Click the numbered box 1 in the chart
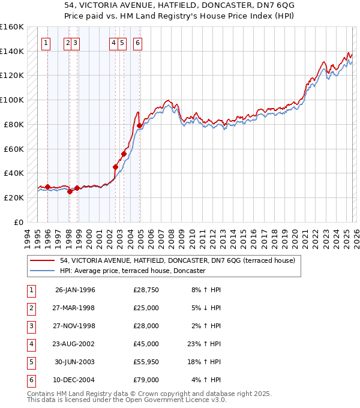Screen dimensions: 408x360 [46, 43]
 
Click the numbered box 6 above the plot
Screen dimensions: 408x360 [137, 43]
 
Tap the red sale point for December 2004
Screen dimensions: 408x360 [140, 125]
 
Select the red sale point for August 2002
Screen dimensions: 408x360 [115, 167]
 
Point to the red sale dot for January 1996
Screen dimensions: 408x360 [47, 187]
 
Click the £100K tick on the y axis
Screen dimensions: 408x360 [11, 100]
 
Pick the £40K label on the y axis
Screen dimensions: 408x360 [14, 173]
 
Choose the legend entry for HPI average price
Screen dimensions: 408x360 [133, 271]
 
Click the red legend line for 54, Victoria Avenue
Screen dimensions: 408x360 [43, 261]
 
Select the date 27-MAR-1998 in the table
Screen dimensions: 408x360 [75, 308]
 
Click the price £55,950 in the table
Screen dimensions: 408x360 [146, 362]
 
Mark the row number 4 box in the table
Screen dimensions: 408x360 [30, 344]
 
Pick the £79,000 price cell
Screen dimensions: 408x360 [146, 380]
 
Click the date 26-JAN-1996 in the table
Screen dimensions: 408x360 [75, 290]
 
